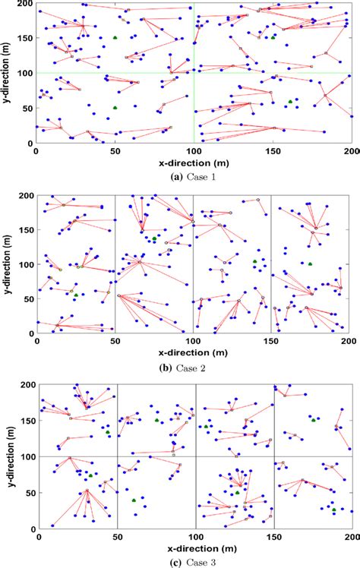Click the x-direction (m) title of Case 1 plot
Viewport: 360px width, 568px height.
click(x=194, y=163)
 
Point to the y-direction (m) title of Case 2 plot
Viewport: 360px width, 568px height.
click(x=9, y=263)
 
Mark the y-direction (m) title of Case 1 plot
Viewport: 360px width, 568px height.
click(x=9, y=73)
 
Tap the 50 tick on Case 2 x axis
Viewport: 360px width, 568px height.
click(x=115, y=342)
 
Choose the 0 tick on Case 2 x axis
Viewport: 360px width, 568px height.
click(x=36, y=342)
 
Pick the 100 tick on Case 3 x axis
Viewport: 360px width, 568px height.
click(x=193, y=537)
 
